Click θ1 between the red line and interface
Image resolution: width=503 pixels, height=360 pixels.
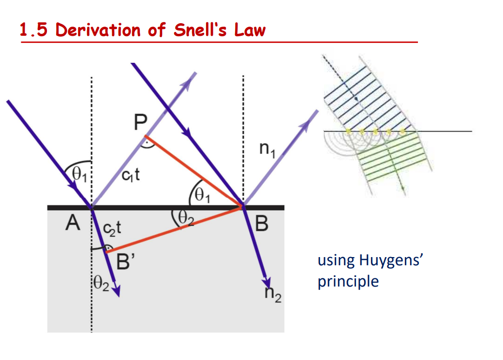pyautogui.click(x=203, y=196)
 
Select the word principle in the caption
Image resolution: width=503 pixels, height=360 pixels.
pyautogui.click(x=348, y=281)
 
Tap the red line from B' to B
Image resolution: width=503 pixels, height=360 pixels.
pyautogui.click(x=174, y=230)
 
